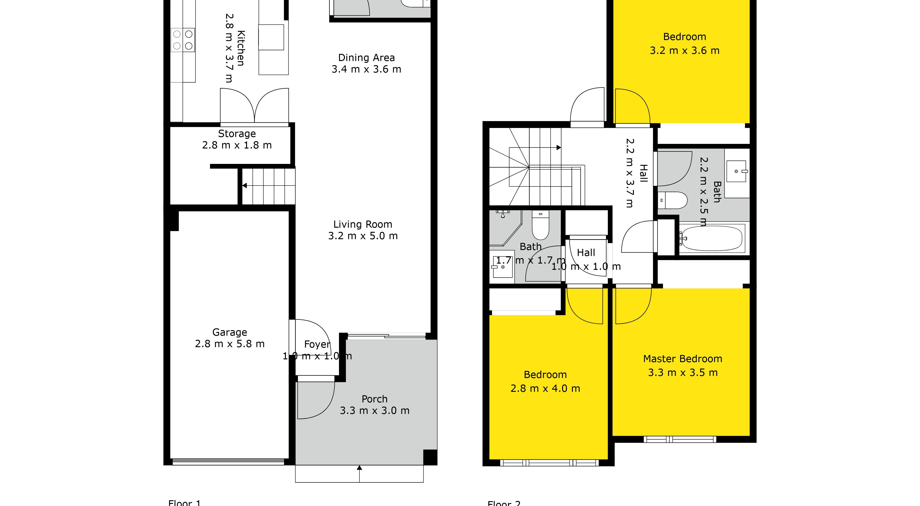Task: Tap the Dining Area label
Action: click(x=366, y=58)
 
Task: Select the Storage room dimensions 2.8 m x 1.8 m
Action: click(x=237, y=145)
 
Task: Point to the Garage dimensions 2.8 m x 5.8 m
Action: click(x=230, y=344)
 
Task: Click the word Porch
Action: click(x=374, y=399)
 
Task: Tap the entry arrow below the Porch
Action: click(x=359, y=468)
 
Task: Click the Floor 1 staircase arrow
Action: click(x=245, y=186)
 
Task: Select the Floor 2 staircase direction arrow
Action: click(x=558, y=148)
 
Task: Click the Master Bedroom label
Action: click(x=682, y=359)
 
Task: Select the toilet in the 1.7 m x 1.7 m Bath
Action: click(x=540, y=225)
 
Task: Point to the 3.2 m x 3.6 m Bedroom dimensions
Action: click(x=684, y=51)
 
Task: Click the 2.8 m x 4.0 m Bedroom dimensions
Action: click(x=545, y=388)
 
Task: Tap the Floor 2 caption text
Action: click(x=504, y=502)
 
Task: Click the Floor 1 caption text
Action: click(x=185, y=502)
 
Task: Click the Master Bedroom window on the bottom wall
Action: click(x=680, y=439)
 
